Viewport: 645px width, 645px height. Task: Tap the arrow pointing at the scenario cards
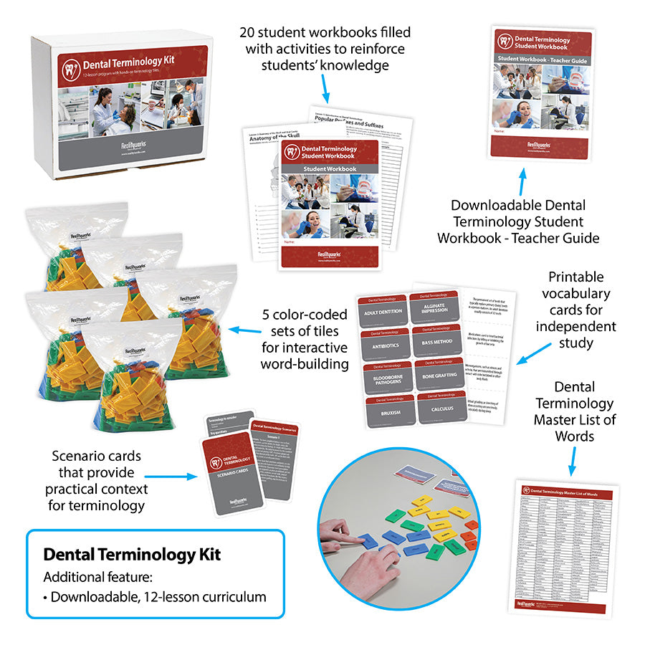pyautogui.click(x=171, y=474)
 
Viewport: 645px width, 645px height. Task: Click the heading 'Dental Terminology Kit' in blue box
pyautogui.click(x=132, y=554)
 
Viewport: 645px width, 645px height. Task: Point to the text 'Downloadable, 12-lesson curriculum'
pyautogui.click(x=158, y=596)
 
